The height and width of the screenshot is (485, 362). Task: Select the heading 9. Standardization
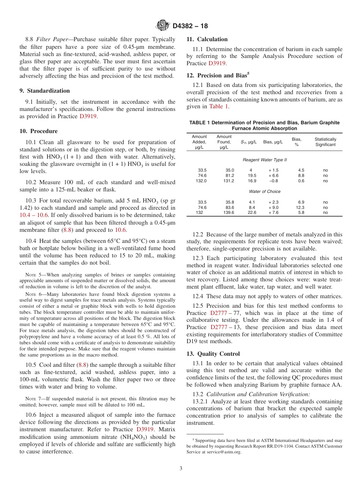(45, 91)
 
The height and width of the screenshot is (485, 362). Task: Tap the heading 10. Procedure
(38, 131)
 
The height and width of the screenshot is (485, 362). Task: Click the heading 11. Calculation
(207, 39)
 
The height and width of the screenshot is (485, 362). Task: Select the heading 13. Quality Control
(213, 354)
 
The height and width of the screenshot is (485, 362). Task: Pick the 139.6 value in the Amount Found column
(229, 213)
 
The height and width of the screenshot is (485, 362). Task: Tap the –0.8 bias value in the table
(274, 181)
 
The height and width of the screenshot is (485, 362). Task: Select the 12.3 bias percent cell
(300, 207)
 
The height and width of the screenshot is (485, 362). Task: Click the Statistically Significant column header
(325, 142)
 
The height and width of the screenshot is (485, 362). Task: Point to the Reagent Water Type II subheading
(264, 160)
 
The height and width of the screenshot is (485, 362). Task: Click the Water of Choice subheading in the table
(264, 191)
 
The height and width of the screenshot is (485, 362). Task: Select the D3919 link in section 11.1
(217, 63)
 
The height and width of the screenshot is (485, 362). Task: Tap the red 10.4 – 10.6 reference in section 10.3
(34, 215)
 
